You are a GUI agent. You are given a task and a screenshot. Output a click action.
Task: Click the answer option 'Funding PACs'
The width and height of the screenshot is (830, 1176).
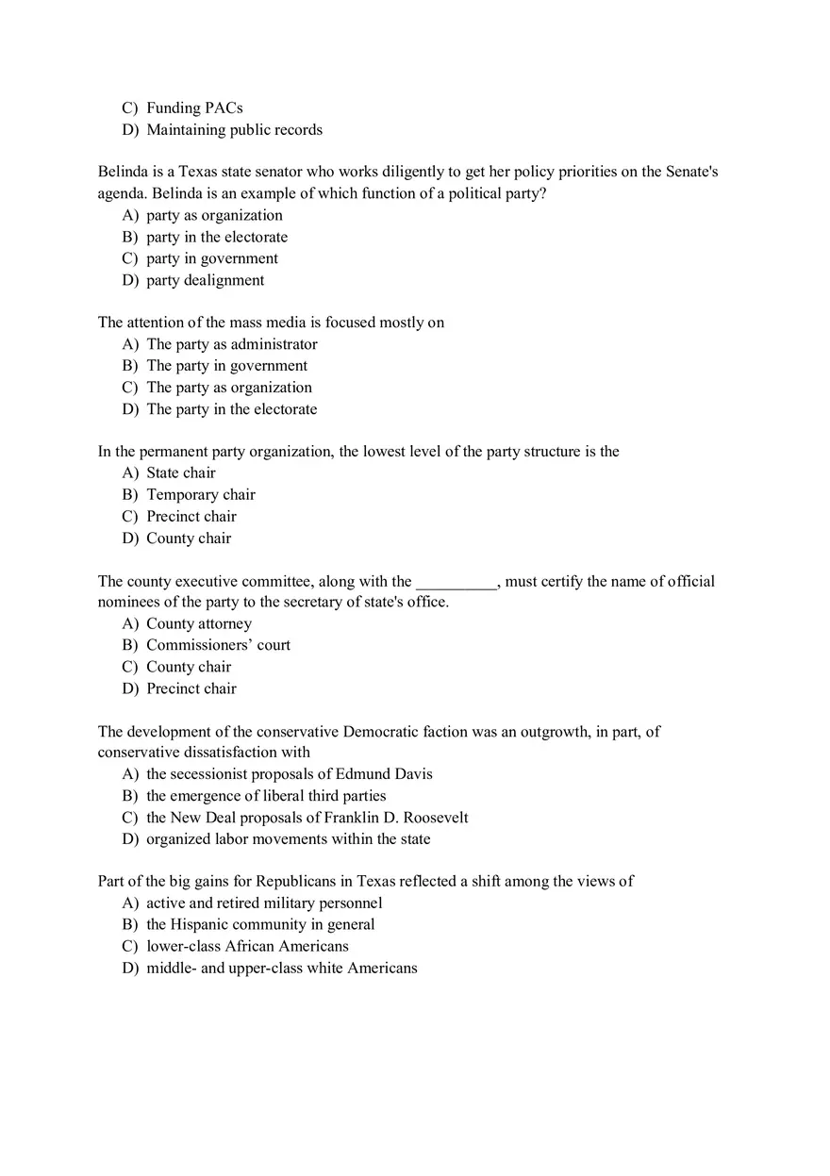point(194,108)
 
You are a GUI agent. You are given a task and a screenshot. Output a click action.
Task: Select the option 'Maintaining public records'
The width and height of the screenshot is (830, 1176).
point(234,130)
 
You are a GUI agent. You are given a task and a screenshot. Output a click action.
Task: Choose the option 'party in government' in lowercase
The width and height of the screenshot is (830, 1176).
point(211,258)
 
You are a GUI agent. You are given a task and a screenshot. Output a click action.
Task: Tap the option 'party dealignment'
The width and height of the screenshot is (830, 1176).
point(205,280)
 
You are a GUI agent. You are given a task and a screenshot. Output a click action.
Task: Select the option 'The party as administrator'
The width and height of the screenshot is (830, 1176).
point(231,344)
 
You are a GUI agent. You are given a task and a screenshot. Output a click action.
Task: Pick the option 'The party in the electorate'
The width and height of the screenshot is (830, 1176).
point(231,409)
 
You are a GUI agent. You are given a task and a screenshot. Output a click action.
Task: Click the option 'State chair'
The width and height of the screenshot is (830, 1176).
point(180,473)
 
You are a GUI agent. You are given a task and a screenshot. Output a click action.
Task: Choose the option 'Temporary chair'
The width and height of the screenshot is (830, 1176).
point(200,495)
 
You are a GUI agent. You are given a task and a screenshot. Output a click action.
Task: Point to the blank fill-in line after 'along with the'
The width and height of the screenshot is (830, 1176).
point(456,582)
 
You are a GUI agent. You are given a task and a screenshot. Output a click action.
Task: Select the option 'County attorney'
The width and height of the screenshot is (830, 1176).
point(198,623)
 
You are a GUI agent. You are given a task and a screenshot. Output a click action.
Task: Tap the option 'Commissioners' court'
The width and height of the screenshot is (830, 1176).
point(218,645)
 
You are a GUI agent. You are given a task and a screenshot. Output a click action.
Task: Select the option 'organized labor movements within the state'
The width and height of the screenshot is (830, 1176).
point(288,839)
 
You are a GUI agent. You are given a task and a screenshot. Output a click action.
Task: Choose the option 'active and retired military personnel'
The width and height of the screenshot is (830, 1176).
point(263,903)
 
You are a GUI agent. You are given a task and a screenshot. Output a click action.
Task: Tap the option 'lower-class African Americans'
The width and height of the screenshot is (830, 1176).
point(247,946)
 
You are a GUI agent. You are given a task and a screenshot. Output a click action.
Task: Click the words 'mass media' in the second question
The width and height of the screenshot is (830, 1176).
point(267,323)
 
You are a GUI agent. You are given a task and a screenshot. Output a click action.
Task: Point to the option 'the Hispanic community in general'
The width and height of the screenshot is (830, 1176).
point(259,925)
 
